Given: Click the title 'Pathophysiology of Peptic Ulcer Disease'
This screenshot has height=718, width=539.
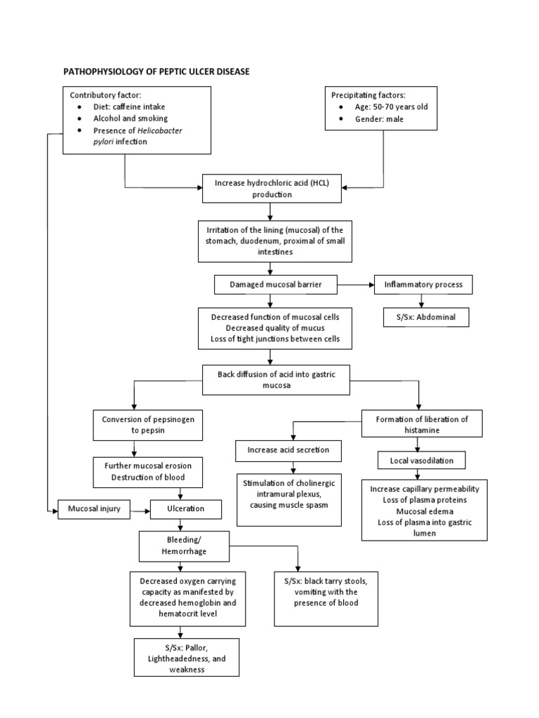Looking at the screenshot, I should pos(157,72).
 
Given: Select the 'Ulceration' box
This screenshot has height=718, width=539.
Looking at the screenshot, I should pos(186,509).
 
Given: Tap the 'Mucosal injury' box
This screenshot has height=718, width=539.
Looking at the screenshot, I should pos(94,509).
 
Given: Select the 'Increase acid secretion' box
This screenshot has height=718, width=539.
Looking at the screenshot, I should pos(288,449).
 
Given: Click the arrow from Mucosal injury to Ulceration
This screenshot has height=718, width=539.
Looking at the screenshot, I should pos(142,509).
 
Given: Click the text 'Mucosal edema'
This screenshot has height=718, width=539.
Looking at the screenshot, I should pos(425,510).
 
